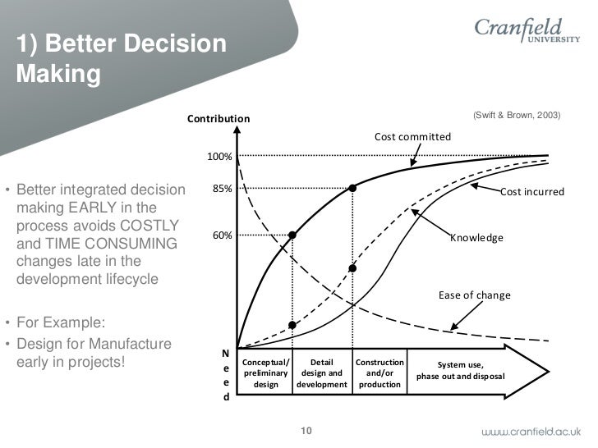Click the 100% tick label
click(x=219, y=156)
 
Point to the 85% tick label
click(x=222, y=188)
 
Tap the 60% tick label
click(x=222, y=235)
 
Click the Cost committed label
click(x=412, y=136)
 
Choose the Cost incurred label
click(x=532, y=192)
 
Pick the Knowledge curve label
click(x=476, y=238)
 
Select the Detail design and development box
click(x=322, y=373)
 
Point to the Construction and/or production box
click(x=379, y=373)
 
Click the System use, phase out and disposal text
click(x=460, y=371)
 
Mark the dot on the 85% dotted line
click(x=352, y=188)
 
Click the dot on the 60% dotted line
click(x=292, y=235)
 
